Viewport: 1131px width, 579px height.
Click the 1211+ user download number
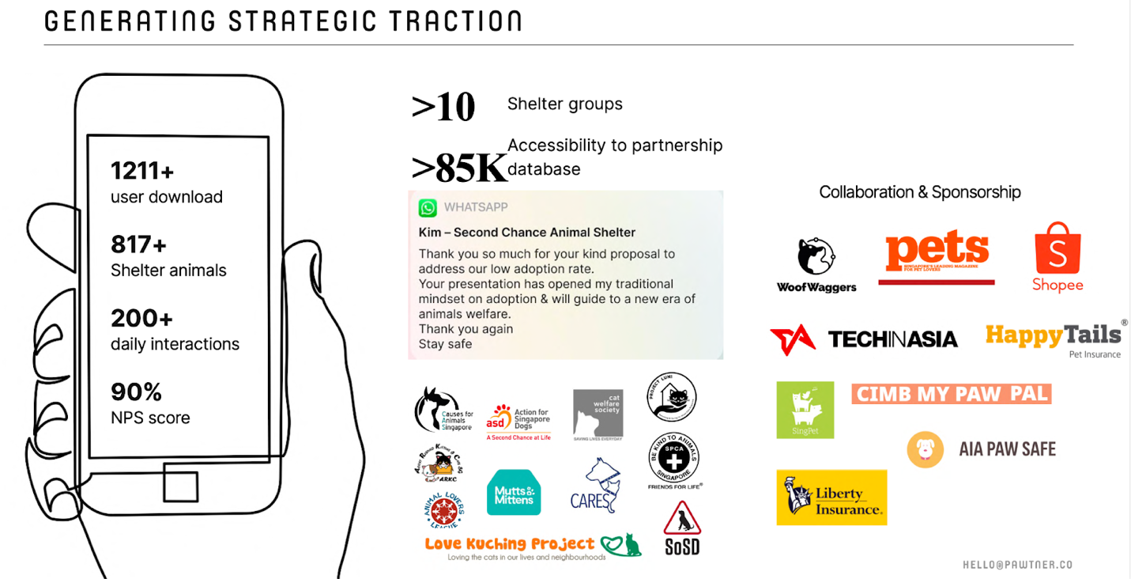(142, 170)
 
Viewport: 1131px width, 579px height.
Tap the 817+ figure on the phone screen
(139, 244)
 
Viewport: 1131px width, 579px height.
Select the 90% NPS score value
(136, 392)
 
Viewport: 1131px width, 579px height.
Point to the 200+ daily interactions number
(142, 318)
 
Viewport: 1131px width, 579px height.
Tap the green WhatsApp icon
(428, 207)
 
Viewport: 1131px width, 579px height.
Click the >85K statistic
(458, 167)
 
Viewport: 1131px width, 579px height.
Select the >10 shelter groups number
(443, 108)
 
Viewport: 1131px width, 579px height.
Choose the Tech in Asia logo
(864, 339)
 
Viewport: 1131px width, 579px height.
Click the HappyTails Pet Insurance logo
(1054, 338)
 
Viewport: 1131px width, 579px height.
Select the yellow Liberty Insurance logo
(831, 498)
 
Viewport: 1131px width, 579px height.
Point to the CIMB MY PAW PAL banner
(952, 394)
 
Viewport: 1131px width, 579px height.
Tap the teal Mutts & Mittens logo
(514, 493)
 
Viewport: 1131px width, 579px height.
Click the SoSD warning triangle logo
(681, 528)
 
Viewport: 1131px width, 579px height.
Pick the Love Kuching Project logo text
(510, 544)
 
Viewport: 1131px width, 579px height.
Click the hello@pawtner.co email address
(1017, 565)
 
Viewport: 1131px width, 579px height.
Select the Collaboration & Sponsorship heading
(920, 192)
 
